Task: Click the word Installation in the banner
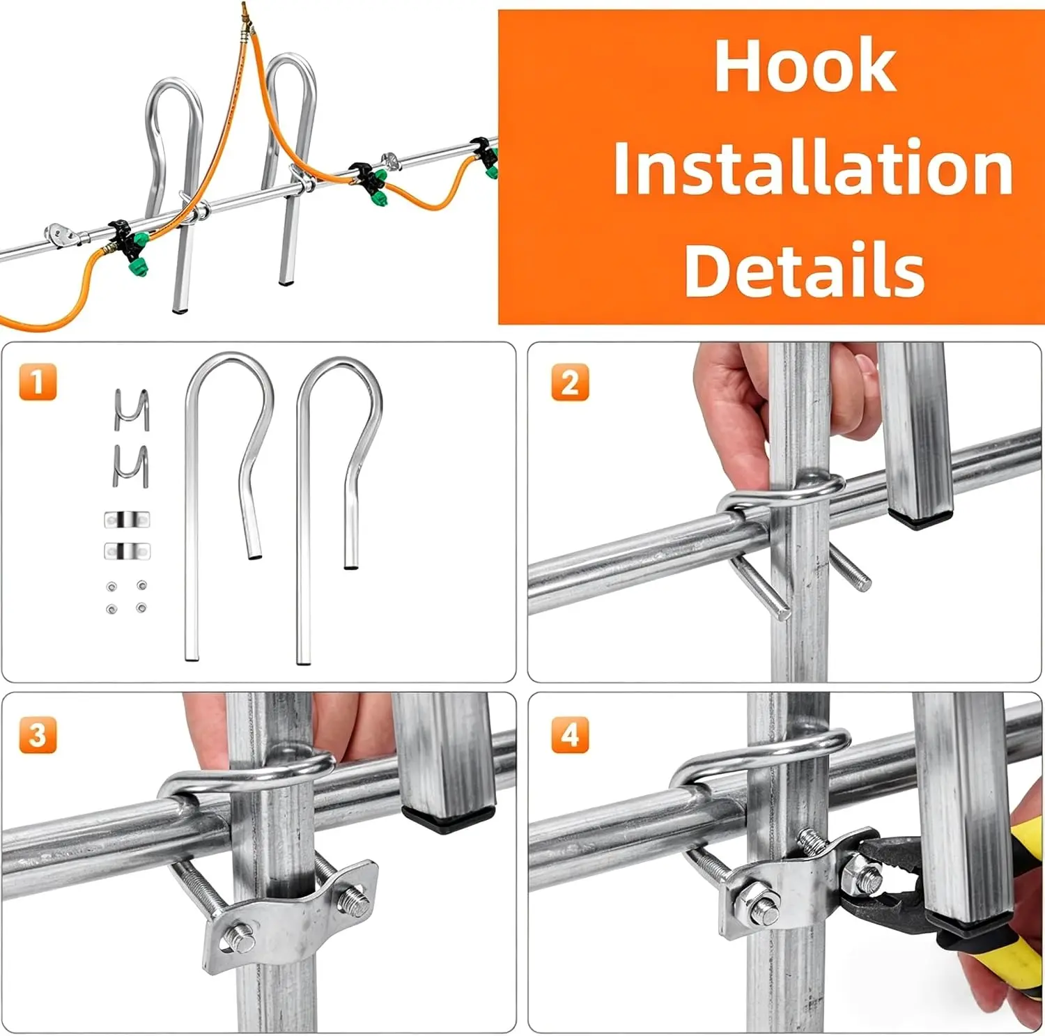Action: click(x=812, y=167)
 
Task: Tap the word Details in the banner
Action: click(x=805, y=270)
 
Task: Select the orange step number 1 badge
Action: click(x=38, y=382)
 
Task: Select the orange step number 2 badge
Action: click(x=570, y=382)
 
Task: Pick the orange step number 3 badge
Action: click(x=38, y=734)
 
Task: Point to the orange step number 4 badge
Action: click(x=570, y=734)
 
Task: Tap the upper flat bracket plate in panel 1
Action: click(x=127, y=520)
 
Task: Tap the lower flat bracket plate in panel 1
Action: click(x=127, y=551)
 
